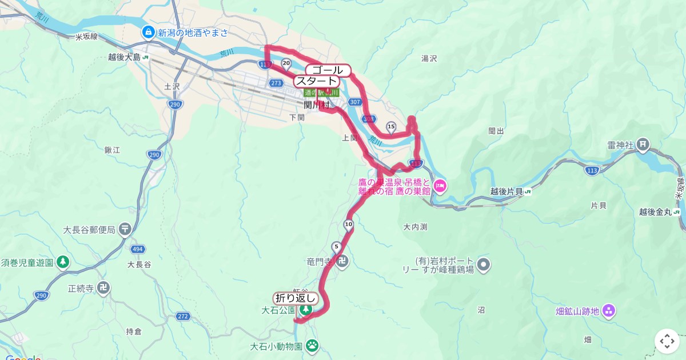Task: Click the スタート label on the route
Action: tap(316, 81)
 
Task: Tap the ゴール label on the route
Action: tap(332, 70)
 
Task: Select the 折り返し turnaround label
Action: tap(295, 298)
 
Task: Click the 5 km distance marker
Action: tap(336, 247)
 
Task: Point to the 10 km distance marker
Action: tap(349, 224)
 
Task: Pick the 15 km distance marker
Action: tap(391, 126)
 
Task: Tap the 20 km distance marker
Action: tap(286, 63)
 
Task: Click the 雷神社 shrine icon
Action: tap(643, 145)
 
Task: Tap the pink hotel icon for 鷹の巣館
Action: tap(440, 185)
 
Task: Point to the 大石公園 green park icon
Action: tap(306, 310)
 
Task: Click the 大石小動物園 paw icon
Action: tap(312, 346)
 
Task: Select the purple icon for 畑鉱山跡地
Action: tap(608, 311)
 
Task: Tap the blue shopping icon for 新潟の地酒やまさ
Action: tap(148, 32)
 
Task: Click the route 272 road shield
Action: tap(183, 316)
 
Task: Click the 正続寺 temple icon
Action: tap(104, 288)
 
